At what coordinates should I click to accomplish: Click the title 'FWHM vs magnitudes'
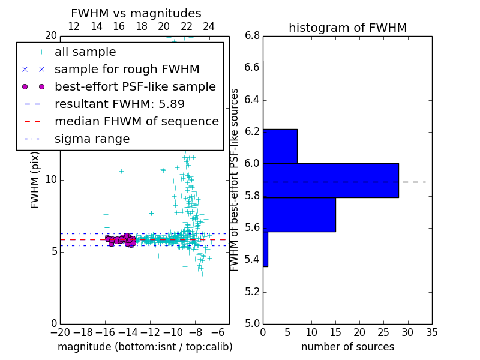click(136, 14)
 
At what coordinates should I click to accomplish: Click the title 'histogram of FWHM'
click(347, 28)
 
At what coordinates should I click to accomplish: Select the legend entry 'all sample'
click(85, 52)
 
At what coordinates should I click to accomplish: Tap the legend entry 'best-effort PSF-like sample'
click(135, 87)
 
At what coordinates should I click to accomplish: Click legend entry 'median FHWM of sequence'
click(136, 122)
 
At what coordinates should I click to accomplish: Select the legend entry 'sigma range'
click(92, 139)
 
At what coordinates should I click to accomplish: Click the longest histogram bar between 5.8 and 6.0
click(331, 180)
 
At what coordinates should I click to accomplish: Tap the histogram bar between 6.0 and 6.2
click(280, 146)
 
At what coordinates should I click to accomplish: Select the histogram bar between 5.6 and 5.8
click(299, 214)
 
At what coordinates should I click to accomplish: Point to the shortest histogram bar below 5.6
click(265, 249)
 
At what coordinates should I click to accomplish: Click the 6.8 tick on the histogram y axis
click(251, 36)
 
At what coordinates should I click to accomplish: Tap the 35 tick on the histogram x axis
click(431, 332)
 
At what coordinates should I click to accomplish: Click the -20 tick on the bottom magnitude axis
click(60, 332)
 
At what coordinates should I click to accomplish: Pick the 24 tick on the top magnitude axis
click(209, 27)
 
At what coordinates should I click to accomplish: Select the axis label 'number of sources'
click(347, 347)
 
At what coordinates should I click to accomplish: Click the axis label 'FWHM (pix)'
click(35, 180)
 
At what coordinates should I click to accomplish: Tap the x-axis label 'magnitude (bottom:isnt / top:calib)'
click(145, 347)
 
